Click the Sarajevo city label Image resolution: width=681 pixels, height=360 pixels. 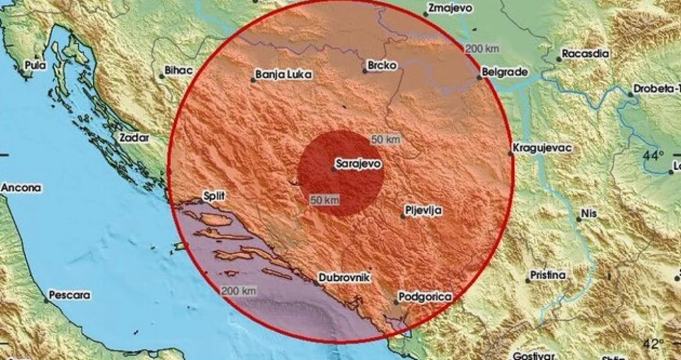(360, 164)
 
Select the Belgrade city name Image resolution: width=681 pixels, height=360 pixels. (505, 72)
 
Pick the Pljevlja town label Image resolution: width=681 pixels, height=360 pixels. (423, 210)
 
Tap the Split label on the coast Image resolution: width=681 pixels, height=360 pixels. (215, 196)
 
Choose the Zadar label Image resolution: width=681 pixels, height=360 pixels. (135, 138)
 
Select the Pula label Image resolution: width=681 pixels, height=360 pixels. (36, 66)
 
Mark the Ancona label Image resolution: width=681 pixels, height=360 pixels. (21, 188)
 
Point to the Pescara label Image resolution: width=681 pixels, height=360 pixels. (69, 295)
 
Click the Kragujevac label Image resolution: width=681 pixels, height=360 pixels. (542, 148)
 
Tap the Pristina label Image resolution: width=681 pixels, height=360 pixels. (548, 275)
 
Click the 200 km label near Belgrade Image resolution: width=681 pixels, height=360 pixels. (482, 49)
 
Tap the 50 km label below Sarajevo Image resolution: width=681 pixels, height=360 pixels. (324, 200)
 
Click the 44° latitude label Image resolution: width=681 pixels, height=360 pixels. (653, 156)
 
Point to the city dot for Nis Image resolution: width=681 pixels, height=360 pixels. (578, 219)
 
